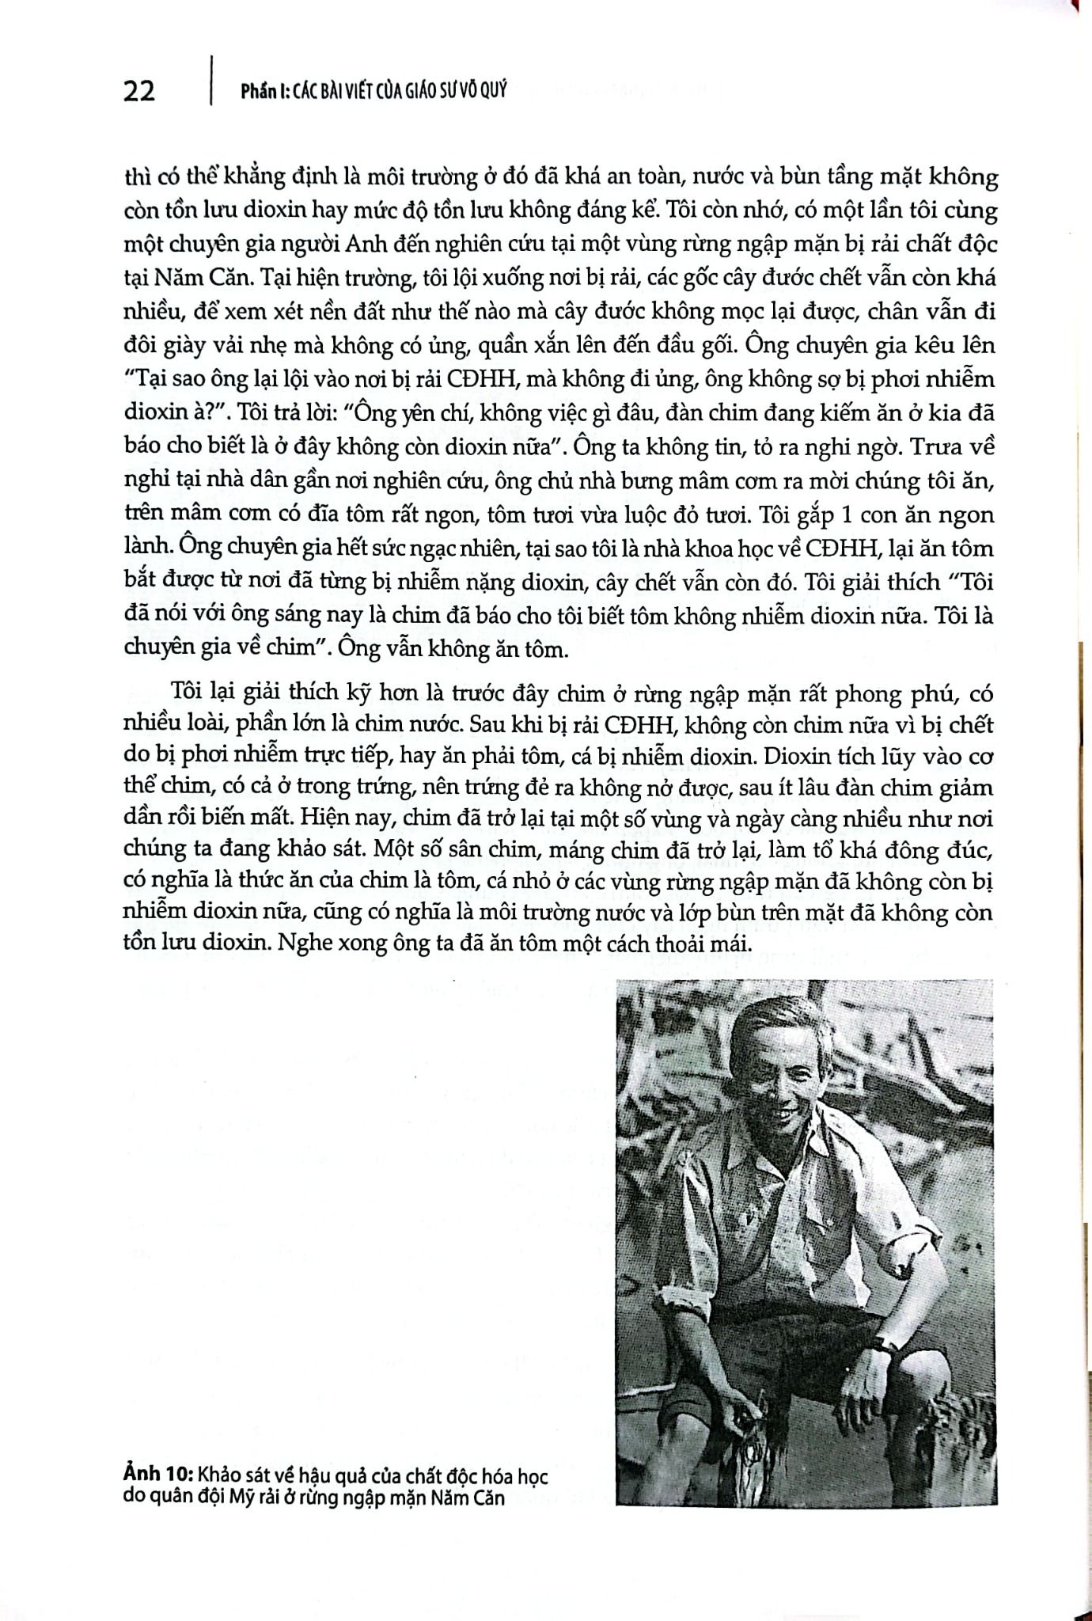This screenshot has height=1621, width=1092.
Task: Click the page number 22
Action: [139, 92]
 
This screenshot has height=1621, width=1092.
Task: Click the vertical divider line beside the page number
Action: [211, 80]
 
